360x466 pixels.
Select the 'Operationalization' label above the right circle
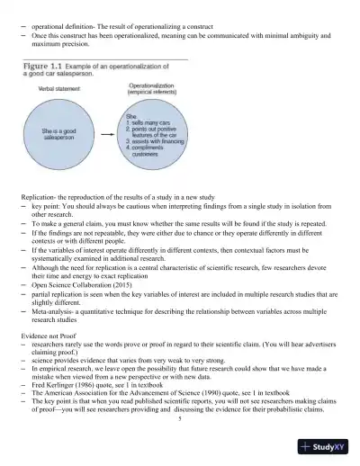pos(157,85)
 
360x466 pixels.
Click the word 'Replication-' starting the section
pos(41,196)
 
